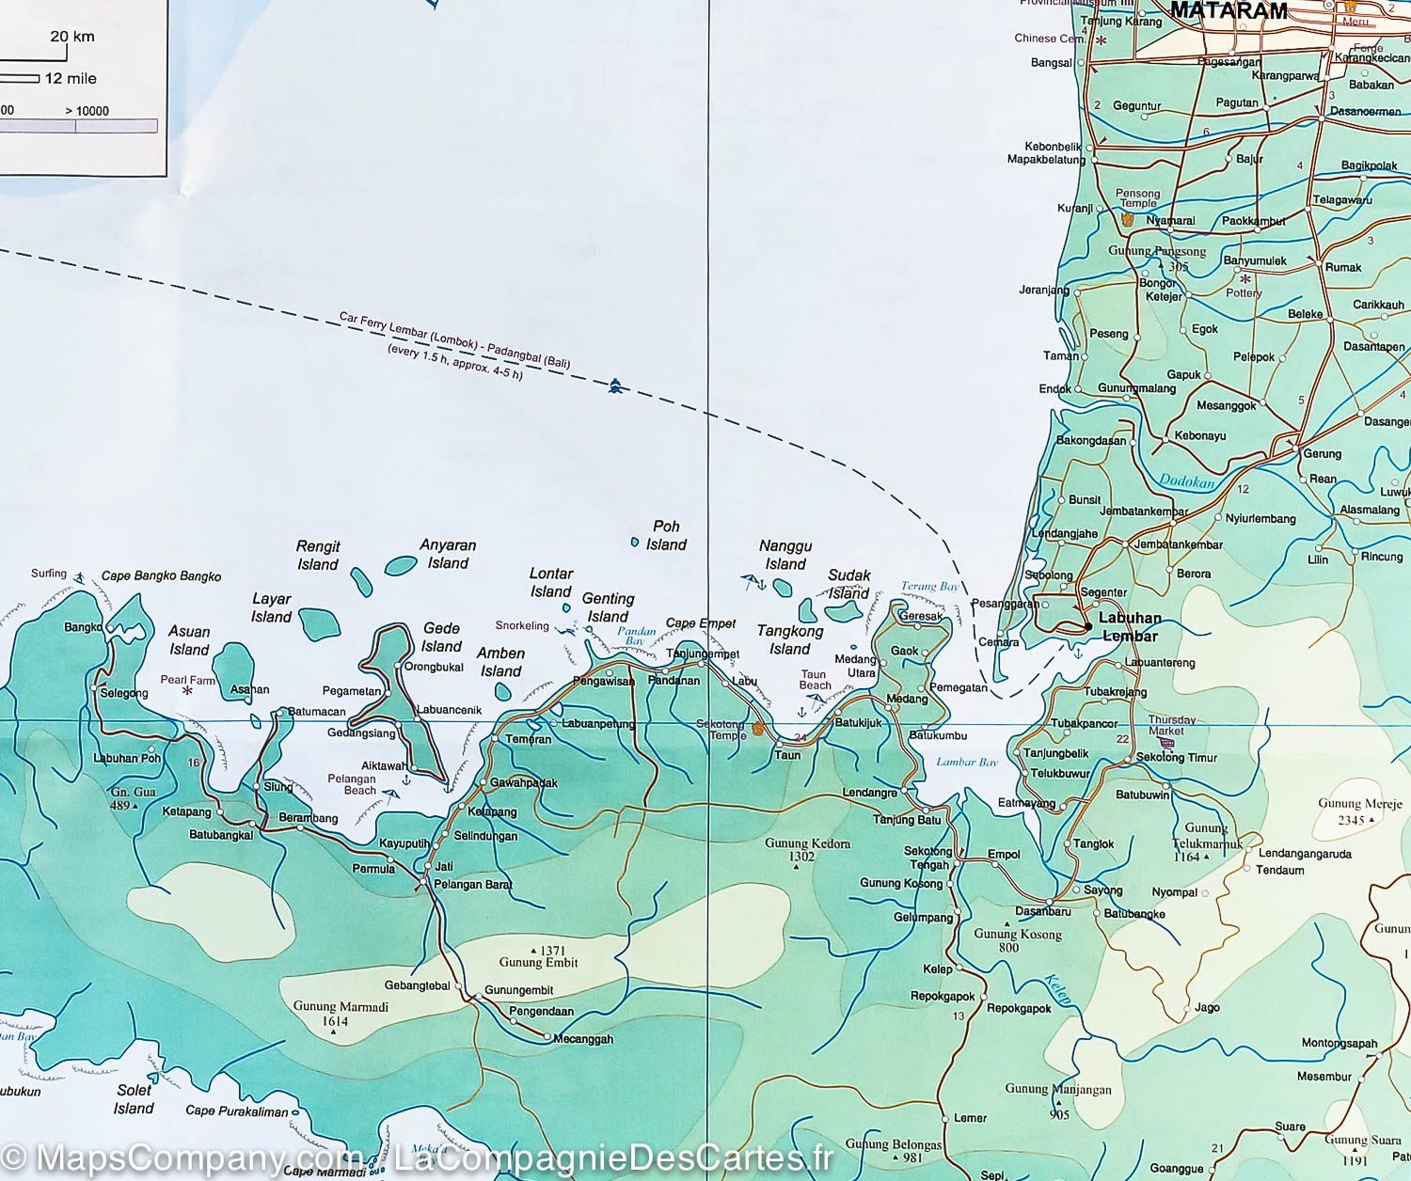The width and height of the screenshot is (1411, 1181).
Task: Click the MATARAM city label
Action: [1229, 11]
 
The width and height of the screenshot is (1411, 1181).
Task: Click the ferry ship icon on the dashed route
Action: [615, 386]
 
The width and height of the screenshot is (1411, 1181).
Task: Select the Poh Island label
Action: [666, 535]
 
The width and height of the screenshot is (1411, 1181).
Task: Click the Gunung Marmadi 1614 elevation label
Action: [327, 1013]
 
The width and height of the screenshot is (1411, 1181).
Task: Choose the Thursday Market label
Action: [1172, 725]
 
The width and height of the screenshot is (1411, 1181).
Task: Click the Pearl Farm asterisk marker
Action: [187, 691]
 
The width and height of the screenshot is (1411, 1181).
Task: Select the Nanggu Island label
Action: [785, 555]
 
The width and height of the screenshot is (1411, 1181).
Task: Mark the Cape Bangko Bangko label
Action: [161, 576]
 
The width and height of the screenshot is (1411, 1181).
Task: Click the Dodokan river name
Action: [1186, 480]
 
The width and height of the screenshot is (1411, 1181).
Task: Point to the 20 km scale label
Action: [72, 37]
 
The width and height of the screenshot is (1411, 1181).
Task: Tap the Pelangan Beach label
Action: [353, 784]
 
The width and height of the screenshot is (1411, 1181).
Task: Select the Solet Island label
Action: [134, 1099]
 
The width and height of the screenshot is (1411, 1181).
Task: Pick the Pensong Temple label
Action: [1137, 198]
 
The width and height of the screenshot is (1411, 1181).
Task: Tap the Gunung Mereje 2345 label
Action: [1359, 811]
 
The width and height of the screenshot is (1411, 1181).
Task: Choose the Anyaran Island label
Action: [448, 554]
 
